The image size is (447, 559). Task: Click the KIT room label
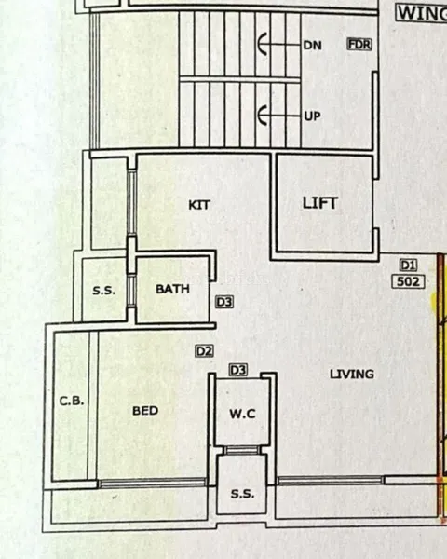coord(199,205)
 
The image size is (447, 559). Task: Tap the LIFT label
coord(319,203)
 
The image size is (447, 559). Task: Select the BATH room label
coord(172,289)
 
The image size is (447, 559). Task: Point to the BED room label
coord(145,411)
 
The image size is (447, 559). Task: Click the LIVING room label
coord(352,374)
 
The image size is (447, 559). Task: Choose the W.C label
coord(242,414)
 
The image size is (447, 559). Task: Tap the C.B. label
coord(72,401)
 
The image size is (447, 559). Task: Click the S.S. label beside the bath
coord(104,291)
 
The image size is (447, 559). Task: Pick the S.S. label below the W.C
coord(242,494)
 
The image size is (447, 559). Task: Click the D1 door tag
coord(408,266)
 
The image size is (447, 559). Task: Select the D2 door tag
coord(205,351)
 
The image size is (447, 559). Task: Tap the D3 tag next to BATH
coord(224,302)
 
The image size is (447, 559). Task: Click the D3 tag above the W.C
coord(238,370)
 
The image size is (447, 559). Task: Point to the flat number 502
coord(409,281)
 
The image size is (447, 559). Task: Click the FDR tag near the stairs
coord(359,45)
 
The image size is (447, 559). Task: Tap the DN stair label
coord(312,46)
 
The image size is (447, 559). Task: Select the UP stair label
coord(312,116)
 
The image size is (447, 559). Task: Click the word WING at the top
coord(422,14)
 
